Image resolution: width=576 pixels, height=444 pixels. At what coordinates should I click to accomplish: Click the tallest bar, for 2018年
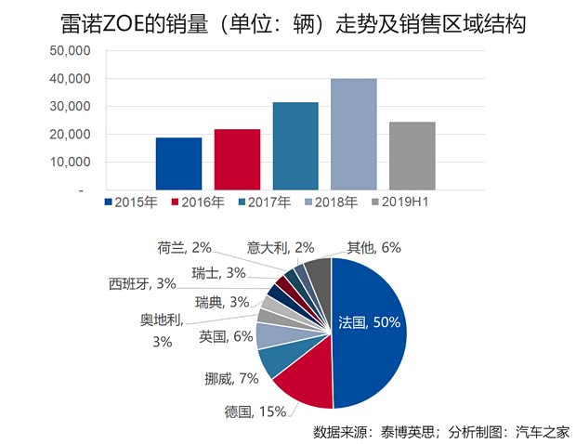click(x=354, y=135)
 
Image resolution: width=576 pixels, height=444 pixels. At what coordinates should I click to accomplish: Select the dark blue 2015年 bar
click(x=179, y=163)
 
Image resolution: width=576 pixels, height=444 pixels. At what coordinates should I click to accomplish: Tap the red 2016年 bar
click(x=237, y=160)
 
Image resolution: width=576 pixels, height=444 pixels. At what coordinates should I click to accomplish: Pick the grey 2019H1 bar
click(x=412, y=156)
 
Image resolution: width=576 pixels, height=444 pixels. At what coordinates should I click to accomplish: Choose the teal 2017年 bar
click(x=295, y=146)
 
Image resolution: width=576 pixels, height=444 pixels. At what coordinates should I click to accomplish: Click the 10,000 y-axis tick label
click(x=68, y=163)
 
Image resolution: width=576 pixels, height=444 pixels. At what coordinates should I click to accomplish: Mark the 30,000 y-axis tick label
click(x=68, y=107)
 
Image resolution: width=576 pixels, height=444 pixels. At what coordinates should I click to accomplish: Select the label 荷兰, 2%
click(x=184, y=248)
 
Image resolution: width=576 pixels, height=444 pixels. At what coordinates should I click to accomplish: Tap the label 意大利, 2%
click(x=281, y=248)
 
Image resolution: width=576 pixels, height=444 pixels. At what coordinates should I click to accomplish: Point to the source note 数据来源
click(x=441, y=430)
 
